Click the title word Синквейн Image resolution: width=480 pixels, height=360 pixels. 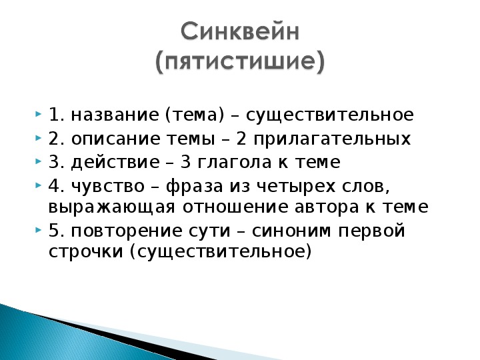coord(240,31)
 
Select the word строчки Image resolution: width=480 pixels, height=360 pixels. coord(86,253)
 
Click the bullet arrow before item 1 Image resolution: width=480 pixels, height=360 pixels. coord(38,114)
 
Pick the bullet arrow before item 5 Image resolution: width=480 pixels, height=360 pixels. coord(38,229)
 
